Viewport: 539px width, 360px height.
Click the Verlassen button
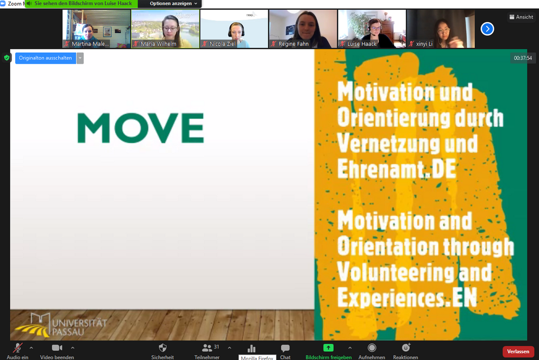click(x=518, y=351)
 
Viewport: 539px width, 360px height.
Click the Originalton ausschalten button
click(x=46, y=58)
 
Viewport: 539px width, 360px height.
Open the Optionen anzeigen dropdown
click(x=173, y=3)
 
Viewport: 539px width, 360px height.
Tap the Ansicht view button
click(x=521, y=17)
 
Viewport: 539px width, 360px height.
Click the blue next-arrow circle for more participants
click(x=487, y=29)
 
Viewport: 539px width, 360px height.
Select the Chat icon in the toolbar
click(x=285, y=348)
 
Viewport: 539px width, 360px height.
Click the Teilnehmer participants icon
click(x=207, y=348)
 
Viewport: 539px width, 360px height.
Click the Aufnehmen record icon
click(x=372, y=347)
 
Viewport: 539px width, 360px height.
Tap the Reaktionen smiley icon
click(x=406, y=347)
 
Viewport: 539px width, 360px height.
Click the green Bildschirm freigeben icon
click(x=328, y=347)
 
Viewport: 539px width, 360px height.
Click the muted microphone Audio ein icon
click(x=17, y=348)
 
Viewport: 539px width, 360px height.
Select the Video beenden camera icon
click(x=57, y=348)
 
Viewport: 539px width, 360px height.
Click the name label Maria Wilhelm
click(x=159, y=44)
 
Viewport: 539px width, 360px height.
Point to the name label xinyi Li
click(x=424, y=44)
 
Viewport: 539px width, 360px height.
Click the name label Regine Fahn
click(x=293, y=44)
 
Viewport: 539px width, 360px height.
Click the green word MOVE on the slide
click(x=141, y=128)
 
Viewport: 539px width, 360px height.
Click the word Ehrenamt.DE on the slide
click(x=397, y=169)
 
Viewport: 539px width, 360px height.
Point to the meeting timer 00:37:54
click(x=523, y=58)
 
